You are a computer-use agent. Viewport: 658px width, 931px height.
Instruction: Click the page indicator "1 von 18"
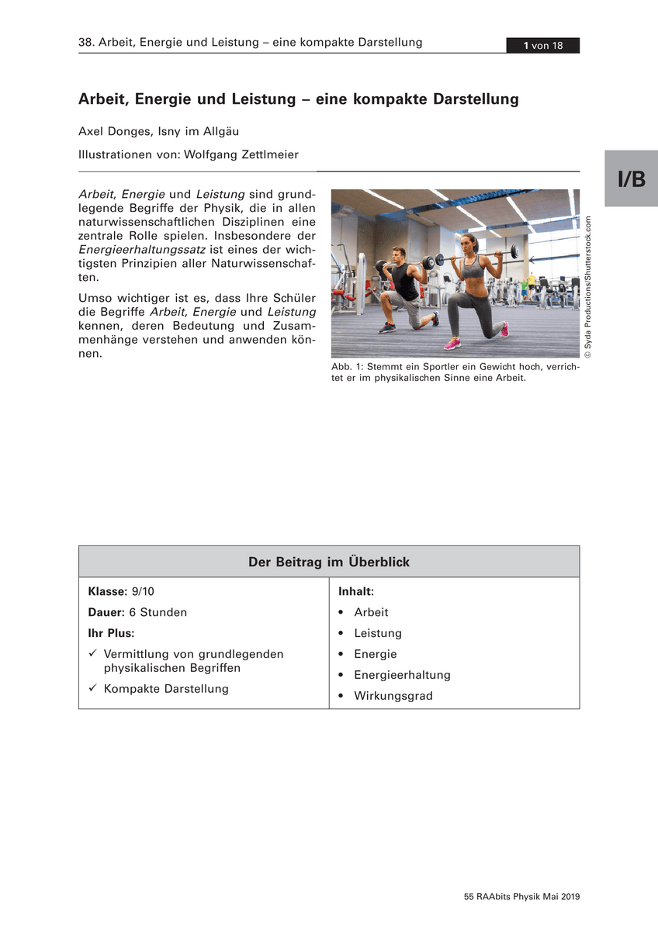point(542,46)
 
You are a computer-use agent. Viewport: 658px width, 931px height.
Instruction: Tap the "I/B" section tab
point(631,179)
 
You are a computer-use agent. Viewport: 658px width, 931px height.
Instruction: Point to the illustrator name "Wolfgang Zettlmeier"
point(241,154)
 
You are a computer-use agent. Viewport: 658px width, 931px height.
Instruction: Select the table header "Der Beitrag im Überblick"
point(329,562)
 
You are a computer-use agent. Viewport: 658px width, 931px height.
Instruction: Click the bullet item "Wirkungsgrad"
point(393,696)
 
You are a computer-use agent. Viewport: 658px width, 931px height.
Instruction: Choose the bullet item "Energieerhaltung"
point(402,675)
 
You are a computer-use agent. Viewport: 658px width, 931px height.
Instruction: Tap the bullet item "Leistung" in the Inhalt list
point(378,633)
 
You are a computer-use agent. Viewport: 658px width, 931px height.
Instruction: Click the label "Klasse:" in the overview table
point(107,591)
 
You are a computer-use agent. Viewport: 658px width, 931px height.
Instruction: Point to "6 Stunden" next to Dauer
point(158,612)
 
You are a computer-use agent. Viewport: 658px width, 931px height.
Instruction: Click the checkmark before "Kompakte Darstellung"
point(92,689)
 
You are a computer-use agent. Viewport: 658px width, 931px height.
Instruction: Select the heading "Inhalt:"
point(356,591)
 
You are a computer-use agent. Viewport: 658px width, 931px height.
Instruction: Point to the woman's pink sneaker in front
point(452,343)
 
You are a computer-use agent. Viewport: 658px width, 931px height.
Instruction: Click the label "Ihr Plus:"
point(111,633)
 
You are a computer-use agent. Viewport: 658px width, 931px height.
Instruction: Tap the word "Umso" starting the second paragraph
point(96,298)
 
